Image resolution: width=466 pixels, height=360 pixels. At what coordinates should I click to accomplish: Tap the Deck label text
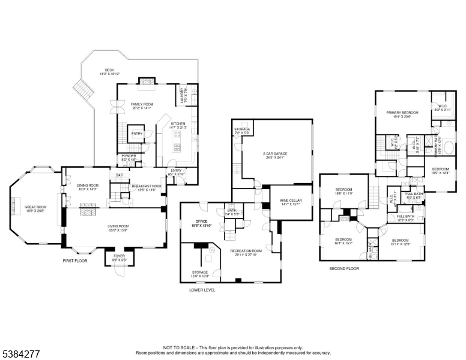(109, 70)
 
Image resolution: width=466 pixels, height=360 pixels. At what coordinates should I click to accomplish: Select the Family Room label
(142, 104)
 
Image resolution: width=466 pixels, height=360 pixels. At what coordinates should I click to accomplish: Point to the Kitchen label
(178, 124)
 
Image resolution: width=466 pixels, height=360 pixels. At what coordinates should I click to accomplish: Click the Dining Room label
(88, 186)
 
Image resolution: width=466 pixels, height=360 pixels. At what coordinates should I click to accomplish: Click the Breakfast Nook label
(147, 187)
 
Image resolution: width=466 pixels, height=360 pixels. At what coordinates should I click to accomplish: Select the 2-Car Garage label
(275, 154)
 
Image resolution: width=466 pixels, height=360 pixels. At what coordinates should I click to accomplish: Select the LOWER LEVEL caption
(202, 290)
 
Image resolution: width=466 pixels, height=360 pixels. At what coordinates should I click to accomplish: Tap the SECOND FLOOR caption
(343, 269)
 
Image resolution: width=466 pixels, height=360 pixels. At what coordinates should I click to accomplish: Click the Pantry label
(137, 133)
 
